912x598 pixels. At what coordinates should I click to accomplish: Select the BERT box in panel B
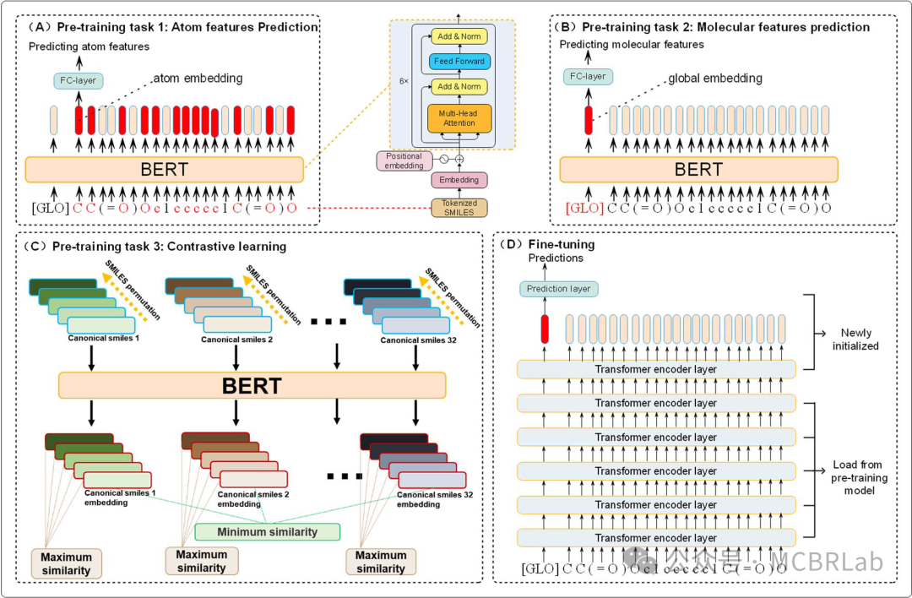[698, 170]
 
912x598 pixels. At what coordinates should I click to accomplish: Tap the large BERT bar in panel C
[252, 386]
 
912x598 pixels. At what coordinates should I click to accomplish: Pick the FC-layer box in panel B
[589, 76]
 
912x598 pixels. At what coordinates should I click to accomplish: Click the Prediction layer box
[558, 289]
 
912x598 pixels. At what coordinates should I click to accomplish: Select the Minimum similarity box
[267, 531]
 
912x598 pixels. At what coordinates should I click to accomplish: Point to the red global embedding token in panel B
[588, 119]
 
